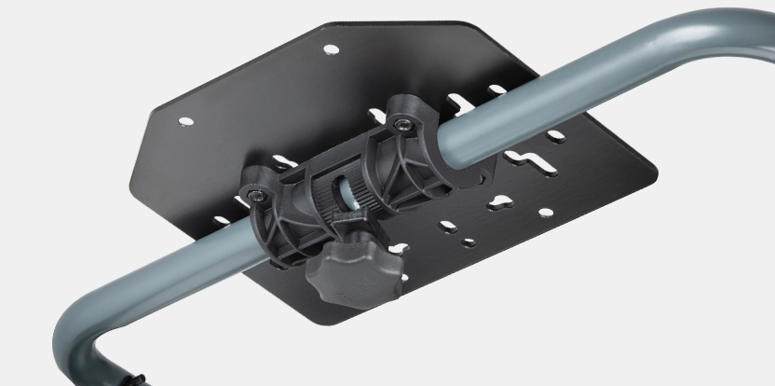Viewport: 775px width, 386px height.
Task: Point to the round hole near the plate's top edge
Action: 331,48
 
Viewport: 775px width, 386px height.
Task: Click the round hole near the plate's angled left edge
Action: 185,121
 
